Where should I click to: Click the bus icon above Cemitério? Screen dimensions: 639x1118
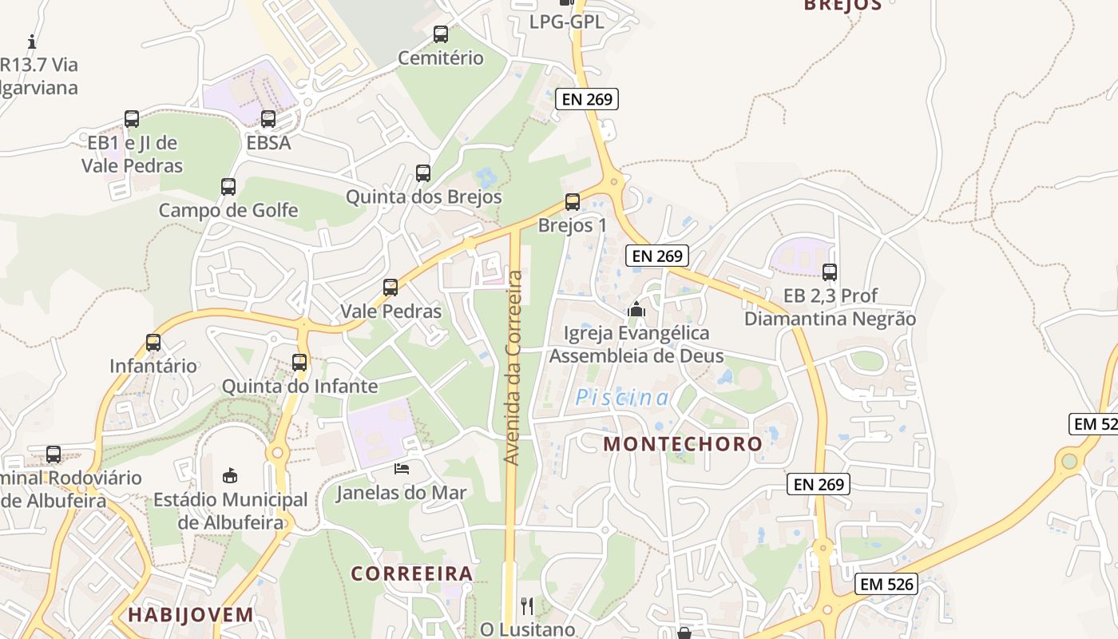[x=440, y=34]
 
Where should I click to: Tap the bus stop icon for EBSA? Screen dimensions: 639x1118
[x=268, y=119]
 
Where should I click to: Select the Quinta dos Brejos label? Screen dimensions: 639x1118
[x=423, y=196]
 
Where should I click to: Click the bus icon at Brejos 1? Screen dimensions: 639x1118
[x=572, y=202]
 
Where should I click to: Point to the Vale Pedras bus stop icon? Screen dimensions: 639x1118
[x=391, y=288]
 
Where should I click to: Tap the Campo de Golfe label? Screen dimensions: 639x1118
[x=228, y=210]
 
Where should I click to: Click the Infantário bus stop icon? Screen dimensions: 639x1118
[x=153, y=343]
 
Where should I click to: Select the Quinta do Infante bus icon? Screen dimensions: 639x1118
[x=299, y=363]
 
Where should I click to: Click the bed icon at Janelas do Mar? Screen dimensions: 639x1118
[x=402, y=469]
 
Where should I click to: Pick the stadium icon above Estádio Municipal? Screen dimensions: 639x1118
[x=230, y=476]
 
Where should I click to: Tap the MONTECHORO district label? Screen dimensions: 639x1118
[x=683, y=444]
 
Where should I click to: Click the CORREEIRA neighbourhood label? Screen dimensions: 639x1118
[x=412, y=574]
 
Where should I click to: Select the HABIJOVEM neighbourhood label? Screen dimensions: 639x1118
[x=190, y=614]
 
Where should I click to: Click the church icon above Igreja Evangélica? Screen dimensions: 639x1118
[x=636, y=309]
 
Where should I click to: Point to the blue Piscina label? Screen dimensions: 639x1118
[x=622, y=397]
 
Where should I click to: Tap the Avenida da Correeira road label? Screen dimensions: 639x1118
[x=513, y=367]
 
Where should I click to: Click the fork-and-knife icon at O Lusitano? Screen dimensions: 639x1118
[x=526, y=606]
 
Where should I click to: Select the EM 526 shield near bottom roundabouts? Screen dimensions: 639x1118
[x=886, y=584]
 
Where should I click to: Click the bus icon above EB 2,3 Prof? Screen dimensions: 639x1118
[x=830, y=272]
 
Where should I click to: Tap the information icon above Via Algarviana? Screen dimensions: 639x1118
[x=32, y=42]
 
